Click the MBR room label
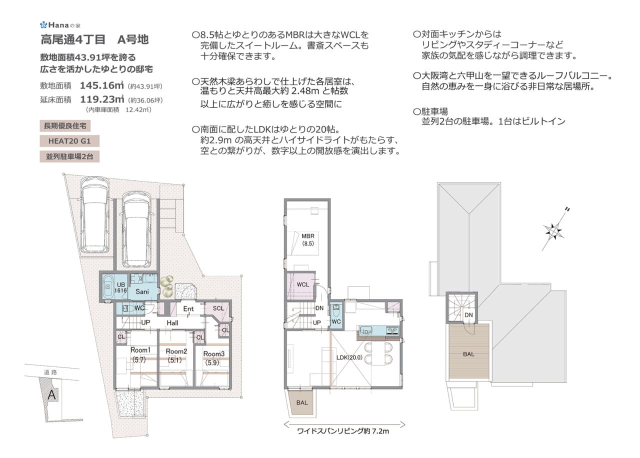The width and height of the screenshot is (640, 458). click(x=307, y=236)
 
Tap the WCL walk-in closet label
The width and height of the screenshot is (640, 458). click(x=303, y=284)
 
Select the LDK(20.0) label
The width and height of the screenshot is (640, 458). click(x=349, y=357)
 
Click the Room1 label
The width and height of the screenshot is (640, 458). click(x=140, y=350)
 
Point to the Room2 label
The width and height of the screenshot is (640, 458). click(x=176, y=351)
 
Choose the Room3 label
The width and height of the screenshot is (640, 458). click(x=213, y=353)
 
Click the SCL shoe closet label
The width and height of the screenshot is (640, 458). click(x=218, y=308)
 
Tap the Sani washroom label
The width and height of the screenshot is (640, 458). click(x=142, y=291)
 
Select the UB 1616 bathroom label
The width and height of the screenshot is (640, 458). click(x=120, y=287)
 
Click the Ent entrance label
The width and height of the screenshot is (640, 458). click(x=188, y=308)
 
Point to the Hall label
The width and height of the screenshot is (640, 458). click(x=172, y=323)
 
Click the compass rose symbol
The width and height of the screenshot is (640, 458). click(x=553, y=231)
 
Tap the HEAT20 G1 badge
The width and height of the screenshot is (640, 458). click(x=69, y=141)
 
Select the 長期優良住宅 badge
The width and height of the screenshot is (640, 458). click(x=65, y=125)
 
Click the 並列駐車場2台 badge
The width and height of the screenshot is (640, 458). click(x=69, y=156)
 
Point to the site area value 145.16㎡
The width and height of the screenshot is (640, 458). click(x=102, y=85)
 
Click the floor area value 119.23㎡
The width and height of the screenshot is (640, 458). click(x=102, y=99)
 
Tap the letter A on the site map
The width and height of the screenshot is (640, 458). click(x=51, y=394)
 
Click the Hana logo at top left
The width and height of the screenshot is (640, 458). click(x=60, y=25)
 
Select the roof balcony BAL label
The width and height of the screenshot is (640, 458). click(x=468, y=354)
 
